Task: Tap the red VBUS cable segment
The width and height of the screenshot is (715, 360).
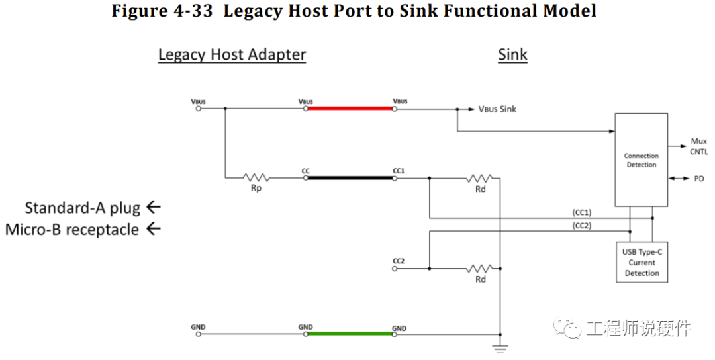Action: coord(350,109)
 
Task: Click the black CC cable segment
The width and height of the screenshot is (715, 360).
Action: coord(350,178)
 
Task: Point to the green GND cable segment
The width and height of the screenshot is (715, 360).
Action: coord(350,334)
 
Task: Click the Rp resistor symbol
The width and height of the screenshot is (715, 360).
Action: coord(256,177)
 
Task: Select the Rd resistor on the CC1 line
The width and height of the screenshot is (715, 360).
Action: coord(480,178)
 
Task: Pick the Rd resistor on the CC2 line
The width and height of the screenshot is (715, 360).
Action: coord(480,269)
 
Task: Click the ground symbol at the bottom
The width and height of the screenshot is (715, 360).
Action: coord(501,349)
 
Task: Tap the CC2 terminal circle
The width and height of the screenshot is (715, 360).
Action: coord(395,269)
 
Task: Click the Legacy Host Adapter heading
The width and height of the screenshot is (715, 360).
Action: coord(232,55)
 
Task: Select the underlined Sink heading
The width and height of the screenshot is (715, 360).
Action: coord(512,55)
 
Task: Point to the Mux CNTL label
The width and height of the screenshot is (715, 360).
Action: coord(698,146)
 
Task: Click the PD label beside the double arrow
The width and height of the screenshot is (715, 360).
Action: coord(699,179)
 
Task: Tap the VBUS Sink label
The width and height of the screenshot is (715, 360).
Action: coord(497,109)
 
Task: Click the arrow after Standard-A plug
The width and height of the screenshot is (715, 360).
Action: coord(154,207)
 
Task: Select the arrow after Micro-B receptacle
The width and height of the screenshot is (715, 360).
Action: coord(154,228)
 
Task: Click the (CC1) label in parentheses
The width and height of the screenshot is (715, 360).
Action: coord(582,213)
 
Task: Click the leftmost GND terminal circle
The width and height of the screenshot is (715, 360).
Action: coord(199,334)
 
